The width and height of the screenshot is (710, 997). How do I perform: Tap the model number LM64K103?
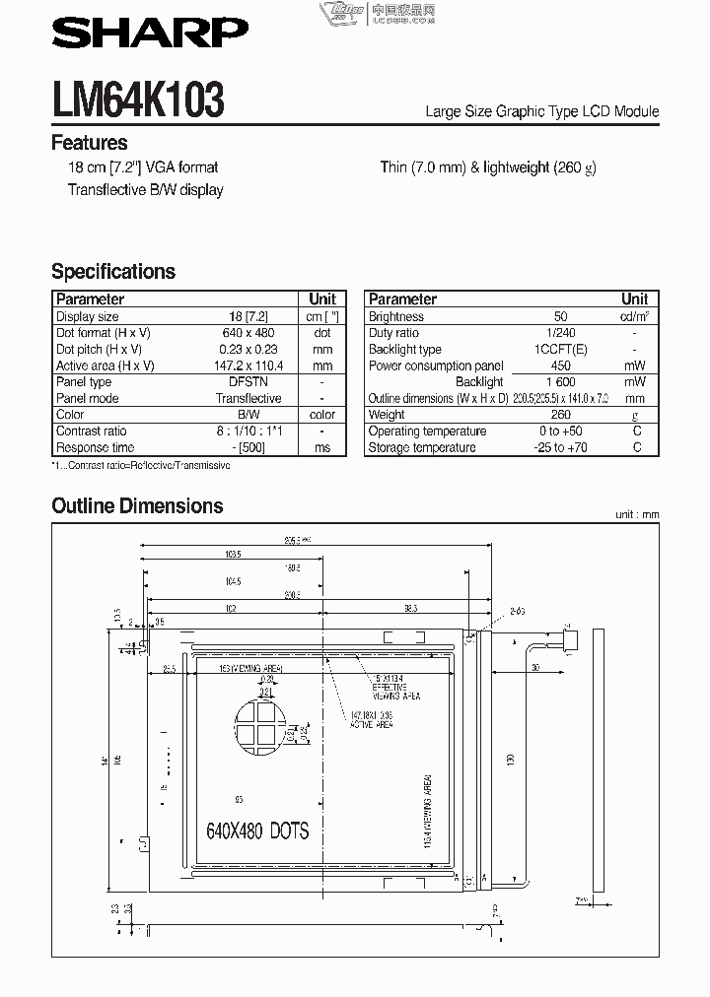pyautogui.click(x=138, y=100)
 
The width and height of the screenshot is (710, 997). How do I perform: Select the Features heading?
pyautogui.click(x=89, y=143)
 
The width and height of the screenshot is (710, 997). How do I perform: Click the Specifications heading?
pyautogui.click(x=113, y=272)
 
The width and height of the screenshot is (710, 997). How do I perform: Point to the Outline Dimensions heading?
pyautogui.click(x=137, y=506)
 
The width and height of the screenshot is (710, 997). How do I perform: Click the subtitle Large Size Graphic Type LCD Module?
pyautogui.click(x=541, y=111)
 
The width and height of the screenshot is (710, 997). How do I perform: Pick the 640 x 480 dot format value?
pyautogui.click(x=248, y=333)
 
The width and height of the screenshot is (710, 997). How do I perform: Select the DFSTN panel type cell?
pyautogui.click(x=248, y=382)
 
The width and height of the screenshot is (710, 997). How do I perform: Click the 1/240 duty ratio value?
pyautogui.click(x=560, y=333)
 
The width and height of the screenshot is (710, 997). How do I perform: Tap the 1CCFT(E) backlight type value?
pyautogui.click(x=560, y=350)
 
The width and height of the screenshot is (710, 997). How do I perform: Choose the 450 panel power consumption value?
pyautogui.click(x=560, y=366)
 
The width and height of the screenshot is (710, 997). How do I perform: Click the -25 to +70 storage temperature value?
pyautogui.click(x=560, y=447)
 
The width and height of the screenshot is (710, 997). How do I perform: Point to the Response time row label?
pyautogui.click(x=95, y=447)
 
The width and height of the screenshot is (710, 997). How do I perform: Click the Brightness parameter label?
pyautogui.click(x=395, y=317)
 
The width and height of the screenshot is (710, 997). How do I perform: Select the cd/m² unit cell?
pyautogui.click(x=635, y=317)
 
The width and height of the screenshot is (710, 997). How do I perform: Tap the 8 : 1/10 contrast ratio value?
pyautogui.click(x=248, y=432)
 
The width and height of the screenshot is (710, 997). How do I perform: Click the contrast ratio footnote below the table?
pyautogui.click(x=140, y=465)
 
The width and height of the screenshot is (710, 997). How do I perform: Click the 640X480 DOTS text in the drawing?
pyautogui.click(x=257, y=831)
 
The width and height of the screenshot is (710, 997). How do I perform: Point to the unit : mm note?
pyautogui.click(x=636, y=515)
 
